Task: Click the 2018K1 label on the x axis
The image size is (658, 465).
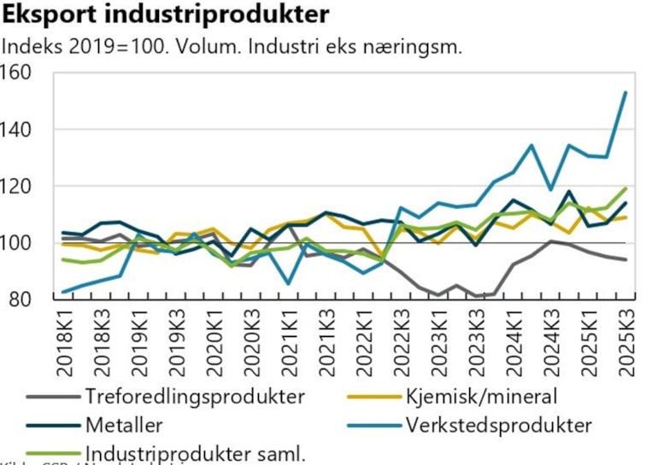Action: [65, 341]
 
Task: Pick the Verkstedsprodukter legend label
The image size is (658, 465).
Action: [499, 424]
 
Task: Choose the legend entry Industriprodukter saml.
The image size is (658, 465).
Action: [195, 452]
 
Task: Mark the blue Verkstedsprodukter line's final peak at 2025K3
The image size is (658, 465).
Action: [626, 92]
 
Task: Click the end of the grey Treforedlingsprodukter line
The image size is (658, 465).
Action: [626, 259]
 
